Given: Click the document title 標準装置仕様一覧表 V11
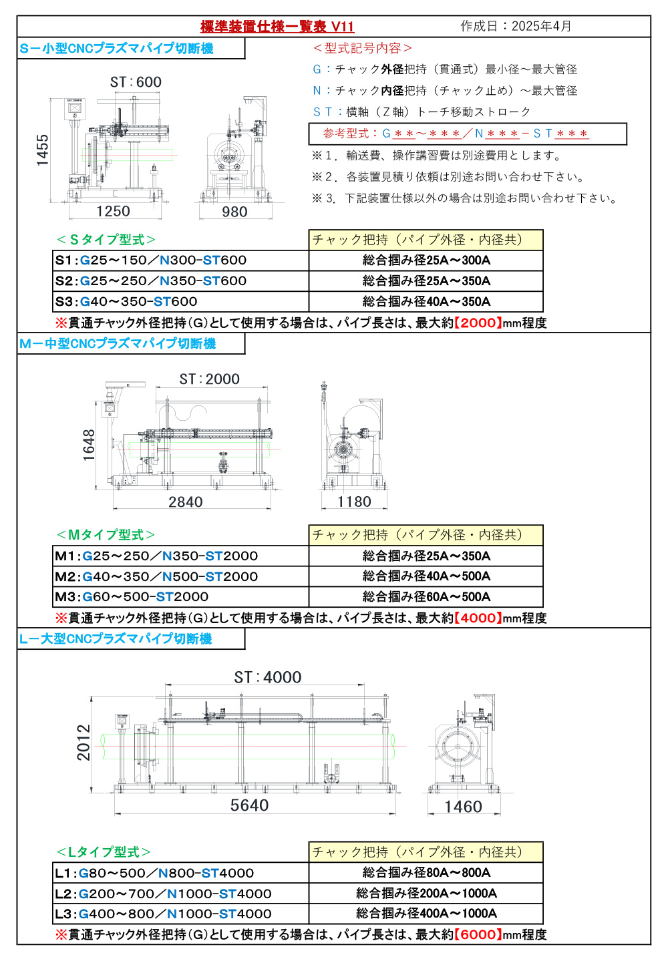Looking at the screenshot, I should click(277, 27).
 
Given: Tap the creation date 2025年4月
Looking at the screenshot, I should click(516, 26).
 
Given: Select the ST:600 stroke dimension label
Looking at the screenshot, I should click(136, 82).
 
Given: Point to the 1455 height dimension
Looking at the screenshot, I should click(43, 150).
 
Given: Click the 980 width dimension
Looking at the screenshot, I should click(234, 212).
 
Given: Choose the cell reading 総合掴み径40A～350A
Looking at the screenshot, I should click(426, 301).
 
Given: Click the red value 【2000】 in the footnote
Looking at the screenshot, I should click(478, 323).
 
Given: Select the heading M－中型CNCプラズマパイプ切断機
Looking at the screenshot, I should click(118, 344).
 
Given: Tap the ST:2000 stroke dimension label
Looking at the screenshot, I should click(209, 379).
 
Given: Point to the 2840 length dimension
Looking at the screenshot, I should click(185, 502).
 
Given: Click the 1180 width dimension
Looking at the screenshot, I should click(354, 502).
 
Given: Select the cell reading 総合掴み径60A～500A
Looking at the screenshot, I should click(426, 596).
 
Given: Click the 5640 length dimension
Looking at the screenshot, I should click(249, 805).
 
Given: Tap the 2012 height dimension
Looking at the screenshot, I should click(83, 742).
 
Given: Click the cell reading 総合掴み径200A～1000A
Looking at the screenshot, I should click(426, 893).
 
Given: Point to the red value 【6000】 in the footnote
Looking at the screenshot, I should click(478, 934).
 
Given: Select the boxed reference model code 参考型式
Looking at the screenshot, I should click(468, 134).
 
